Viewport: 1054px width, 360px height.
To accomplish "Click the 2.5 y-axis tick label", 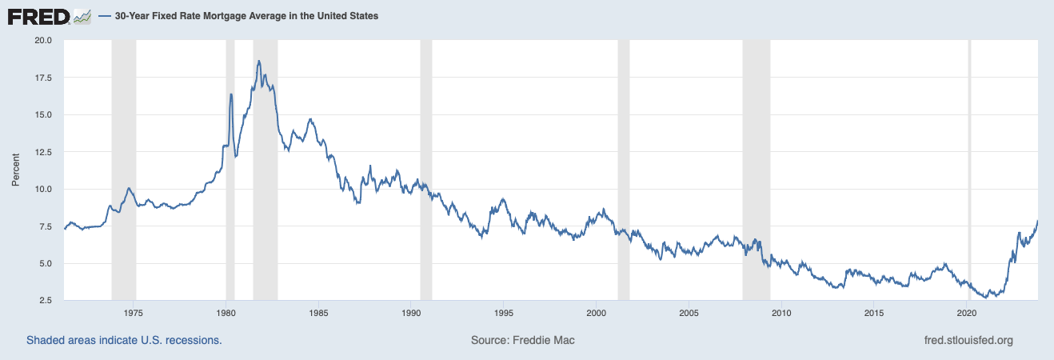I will click(x=45, y=301).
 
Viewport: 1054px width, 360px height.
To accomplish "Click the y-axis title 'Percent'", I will click(x=15, y=170).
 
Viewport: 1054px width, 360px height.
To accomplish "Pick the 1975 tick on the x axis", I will click(x=134, y=312).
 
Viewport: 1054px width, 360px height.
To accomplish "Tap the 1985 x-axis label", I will click(x=318, y=312).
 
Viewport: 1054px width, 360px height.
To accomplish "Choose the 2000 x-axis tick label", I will click(x=597, y=312).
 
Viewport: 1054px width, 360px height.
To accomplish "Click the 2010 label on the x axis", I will click(x=782, y=312).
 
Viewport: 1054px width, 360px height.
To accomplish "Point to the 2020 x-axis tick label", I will click(x=968, y=312).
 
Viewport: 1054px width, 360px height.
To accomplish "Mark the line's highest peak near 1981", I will click(x=258, y=61).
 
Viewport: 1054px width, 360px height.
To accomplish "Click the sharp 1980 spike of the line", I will click(x=231, y=94).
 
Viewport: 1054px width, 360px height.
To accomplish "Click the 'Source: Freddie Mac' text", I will click(x=522, y=340).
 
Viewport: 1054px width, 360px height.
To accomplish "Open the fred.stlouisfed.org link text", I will click(x=968, y=340).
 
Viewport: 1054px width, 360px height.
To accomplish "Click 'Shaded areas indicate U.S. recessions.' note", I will click(x=124, y=340).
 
